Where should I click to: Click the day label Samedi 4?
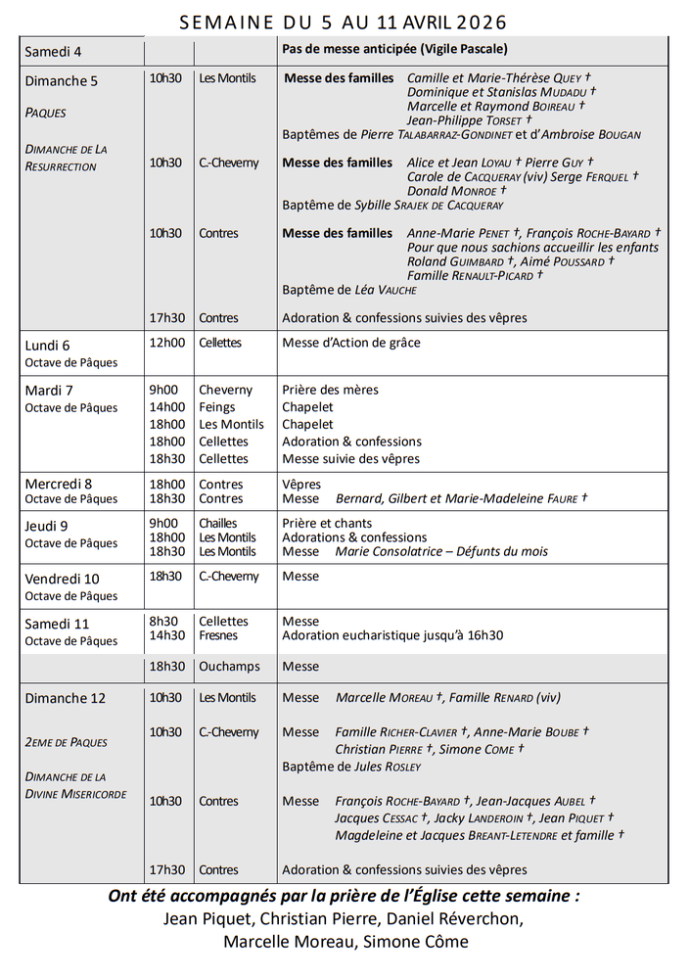point(53,51)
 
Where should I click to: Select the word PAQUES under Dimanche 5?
point(46,113)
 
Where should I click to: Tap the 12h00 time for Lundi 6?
point(166,343)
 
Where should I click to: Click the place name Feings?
point(216,407)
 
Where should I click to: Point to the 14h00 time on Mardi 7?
point(166,407)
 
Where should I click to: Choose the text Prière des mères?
point(330,390)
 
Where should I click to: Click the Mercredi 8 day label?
point(59,484)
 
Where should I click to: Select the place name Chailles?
point(218,523)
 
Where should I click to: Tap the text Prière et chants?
point(327,523)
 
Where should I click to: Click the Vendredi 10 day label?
point(62,579)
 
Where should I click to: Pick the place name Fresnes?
point(218,635)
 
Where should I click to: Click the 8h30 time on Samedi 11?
point(163,621)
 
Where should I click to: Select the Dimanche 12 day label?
point(65,698)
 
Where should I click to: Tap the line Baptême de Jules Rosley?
point(351,767)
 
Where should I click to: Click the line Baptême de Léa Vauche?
point(349,290)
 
